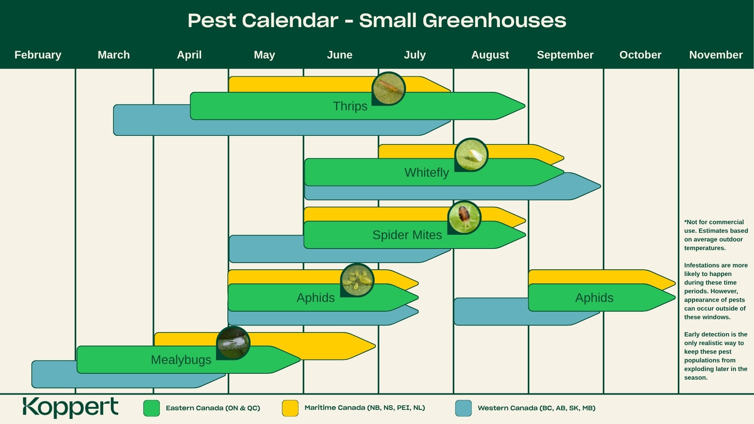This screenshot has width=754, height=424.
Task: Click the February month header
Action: [x=38, y=55]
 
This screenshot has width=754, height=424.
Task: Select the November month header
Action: [x=716, y=55]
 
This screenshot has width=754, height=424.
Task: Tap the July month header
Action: [x=415, y=55]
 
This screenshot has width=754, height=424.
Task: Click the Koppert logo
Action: [x=70, y=408]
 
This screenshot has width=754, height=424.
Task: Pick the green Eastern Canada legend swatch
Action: [x=152, y=408]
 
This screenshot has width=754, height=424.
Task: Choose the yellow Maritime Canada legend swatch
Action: [x=290, y=408]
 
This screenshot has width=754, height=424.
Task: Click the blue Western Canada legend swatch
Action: [x=463, y=408]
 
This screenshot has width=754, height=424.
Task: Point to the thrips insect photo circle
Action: [x=388, y=89]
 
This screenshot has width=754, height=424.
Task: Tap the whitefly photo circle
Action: [x=471, y=155]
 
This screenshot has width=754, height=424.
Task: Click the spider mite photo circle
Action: [x=464, y=217]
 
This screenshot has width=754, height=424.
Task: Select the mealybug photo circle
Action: [x=233, y=343]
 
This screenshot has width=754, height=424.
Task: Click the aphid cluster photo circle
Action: [x=357, y=280]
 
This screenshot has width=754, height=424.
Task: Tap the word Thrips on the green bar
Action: [x=350, y=106]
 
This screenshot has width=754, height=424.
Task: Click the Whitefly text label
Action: [x=426, y=172]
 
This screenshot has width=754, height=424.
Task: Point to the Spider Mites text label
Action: [x=407, y=235]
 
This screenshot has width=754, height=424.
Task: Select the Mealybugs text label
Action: [x=181, y=360]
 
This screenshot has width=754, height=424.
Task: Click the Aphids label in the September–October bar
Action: [x=594, y=298]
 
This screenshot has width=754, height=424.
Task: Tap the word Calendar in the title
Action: [x=290, y=20]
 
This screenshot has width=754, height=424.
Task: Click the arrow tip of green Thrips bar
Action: [x=525, y=106]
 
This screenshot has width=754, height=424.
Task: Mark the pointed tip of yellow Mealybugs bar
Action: [x=375, y=346]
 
